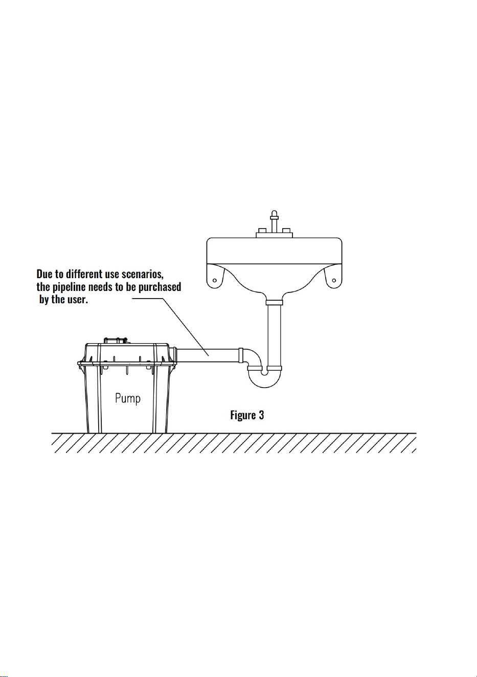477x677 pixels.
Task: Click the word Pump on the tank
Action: [x=128, y=398]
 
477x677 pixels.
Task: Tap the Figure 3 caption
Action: [x=247, y=415]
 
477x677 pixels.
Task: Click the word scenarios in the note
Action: [x=142, y=274]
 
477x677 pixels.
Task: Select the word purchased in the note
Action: [x=160, y=287]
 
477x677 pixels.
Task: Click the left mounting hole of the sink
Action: [x=215, y=280]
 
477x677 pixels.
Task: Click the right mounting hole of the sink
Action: [x=334, y=280]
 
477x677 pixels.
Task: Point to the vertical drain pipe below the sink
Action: [x=274, y=335]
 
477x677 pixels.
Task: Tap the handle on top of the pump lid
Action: [x=115, y=341]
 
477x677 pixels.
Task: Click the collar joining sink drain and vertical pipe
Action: [x=274, y=302]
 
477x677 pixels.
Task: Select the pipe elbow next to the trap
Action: [x=253, y=358]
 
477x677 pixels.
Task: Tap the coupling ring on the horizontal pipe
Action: [x=241, y=355]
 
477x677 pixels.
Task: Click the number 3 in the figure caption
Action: [x=261, y=415]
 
